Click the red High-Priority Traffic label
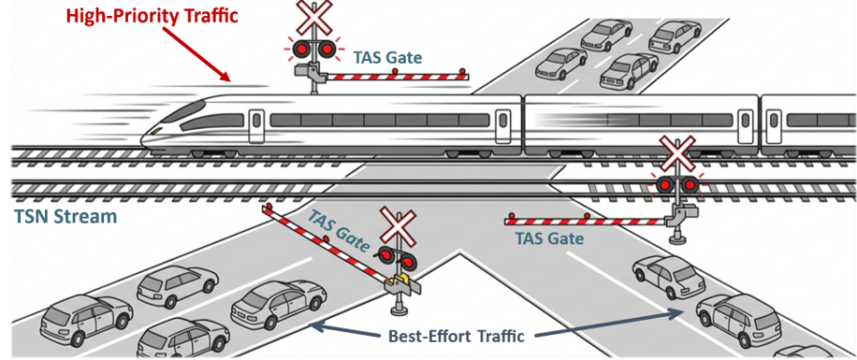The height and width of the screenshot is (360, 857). pyautogui.click(x=153, y=15)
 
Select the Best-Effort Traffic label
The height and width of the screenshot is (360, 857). pyautogui.click(x=457, y=336)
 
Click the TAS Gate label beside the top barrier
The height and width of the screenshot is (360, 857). pyautogui.click(x=387, y=56)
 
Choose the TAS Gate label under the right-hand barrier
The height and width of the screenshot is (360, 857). pyautogui.click(x=549, y=238)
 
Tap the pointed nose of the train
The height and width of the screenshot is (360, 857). pyautogui.click(x=143, y=141)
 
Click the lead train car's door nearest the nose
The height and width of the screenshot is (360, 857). pyautogui.click(x=255, y=125)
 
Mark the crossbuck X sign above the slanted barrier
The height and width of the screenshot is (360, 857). pyautogui.click(x=399, y=225)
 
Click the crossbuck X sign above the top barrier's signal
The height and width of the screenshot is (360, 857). pyautogui.click(x=313, y=17)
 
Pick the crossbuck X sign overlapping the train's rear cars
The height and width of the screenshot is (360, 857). pyautogui.click(x=676, y=155)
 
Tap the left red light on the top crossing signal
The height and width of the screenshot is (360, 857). pyautogui.click(x=301, y=50)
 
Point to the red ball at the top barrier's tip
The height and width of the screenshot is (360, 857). pyautogui.click(x=462, y=70)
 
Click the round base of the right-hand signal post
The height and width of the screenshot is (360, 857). pyautogui.click(x=678, y=238)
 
